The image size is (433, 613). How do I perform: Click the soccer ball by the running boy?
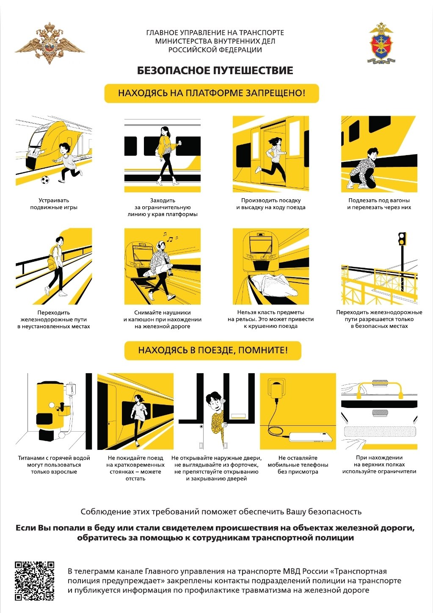(x=45, y=180)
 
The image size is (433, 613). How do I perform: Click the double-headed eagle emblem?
(x=50, y=43)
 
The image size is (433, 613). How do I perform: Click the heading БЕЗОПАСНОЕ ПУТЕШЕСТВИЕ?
(x=215, y=71)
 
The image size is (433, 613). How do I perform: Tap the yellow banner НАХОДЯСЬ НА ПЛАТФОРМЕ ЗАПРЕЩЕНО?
(x=212, y=93)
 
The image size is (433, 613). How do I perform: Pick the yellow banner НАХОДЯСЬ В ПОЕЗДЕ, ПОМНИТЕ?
(x=212, y=350)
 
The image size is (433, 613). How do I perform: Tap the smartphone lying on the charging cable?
(x=311, y=437)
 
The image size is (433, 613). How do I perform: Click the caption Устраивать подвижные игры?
(x=54, y=204)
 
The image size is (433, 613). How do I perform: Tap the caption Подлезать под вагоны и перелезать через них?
(x=379, y=204)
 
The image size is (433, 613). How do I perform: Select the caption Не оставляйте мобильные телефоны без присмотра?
(x=298, y=465)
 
